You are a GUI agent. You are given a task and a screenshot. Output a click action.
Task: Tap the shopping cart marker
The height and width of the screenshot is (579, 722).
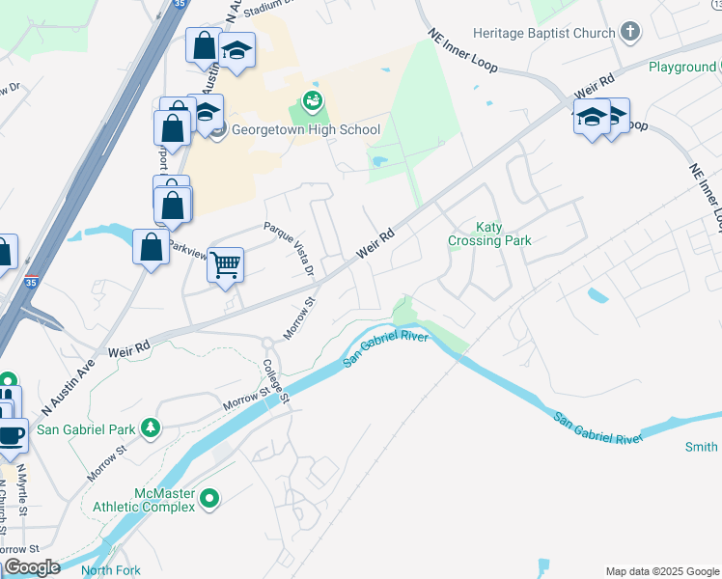click(225, 263)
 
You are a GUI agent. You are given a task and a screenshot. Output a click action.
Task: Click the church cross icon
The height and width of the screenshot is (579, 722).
click(630, 33)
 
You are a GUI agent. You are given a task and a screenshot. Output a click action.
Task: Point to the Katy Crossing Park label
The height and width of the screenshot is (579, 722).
click(489, 234)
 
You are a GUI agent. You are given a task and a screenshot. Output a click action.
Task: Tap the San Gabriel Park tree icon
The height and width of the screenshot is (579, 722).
click(150, 427)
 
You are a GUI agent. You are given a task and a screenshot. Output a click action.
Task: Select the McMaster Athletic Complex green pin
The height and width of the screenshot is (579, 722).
click(210, 499)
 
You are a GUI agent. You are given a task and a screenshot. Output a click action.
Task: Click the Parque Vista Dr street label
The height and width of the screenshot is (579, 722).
click(290, 249)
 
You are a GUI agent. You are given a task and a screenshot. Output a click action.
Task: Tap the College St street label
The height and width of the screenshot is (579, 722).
click(276, 380)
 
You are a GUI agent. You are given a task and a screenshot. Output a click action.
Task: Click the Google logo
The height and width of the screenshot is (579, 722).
click(32, 567)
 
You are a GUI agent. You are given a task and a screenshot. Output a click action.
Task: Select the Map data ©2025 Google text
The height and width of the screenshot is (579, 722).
click(661, 571)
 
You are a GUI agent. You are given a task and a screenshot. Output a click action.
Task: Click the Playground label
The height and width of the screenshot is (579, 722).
click(681, 67)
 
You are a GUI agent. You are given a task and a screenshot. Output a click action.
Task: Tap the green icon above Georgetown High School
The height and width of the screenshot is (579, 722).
click(312, 99)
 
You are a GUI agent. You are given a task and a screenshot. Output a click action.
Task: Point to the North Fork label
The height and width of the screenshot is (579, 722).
click(111, 570)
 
